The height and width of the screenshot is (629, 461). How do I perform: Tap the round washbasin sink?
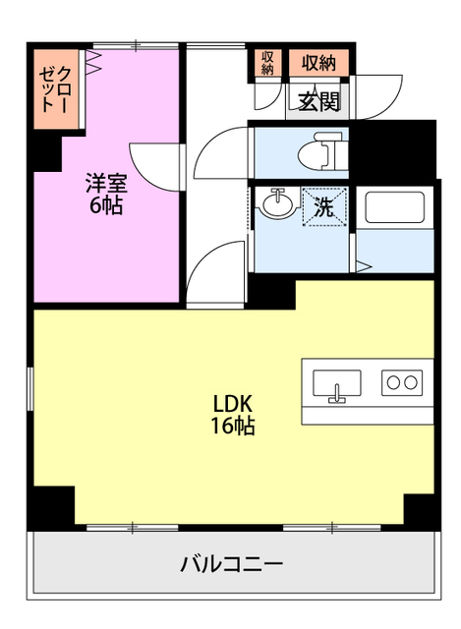click(277, 203)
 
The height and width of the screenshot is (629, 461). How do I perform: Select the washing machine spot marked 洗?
click(323, 207)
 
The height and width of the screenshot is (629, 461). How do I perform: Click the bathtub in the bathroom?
click(394, 207)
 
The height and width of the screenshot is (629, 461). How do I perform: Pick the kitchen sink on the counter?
click(336, 384)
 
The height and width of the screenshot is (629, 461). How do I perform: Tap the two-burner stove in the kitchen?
click(402, 382)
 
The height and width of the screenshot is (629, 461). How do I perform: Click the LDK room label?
click(233, 404)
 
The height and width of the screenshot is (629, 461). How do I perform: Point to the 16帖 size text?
click(233, 426)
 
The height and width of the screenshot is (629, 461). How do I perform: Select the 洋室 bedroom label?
click(106, 184)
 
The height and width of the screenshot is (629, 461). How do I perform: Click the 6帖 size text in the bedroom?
click(106, 205)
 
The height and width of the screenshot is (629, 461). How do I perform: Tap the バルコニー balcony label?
click(232, 564)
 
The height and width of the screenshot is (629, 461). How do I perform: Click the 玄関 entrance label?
click(319, 102)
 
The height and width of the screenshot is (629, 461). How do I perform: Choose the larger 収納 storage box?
click(319, 63)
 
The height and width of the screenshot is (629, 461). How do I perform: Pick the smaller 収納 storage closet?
click(267, 63)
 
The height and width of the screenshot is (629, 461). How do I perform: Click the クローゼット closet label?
click(56, 89)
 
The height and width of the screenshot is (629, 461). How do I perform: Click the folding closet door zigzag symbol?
click(94, 61)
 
